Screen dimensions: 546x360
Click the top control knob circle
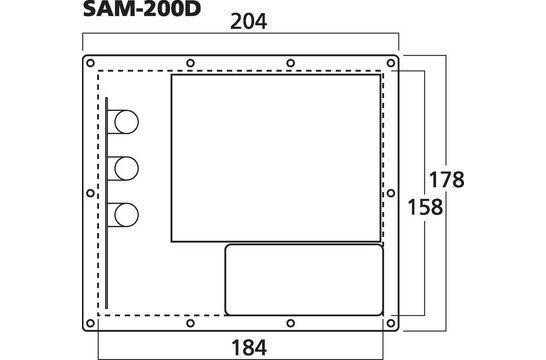coord(126,121)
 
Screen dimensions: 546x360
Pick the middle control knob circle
coord(126,168)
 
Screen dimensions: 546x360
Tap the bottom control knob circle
coord(126,214)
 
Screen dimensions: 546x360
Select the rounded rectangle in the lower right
coord(303,275)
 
